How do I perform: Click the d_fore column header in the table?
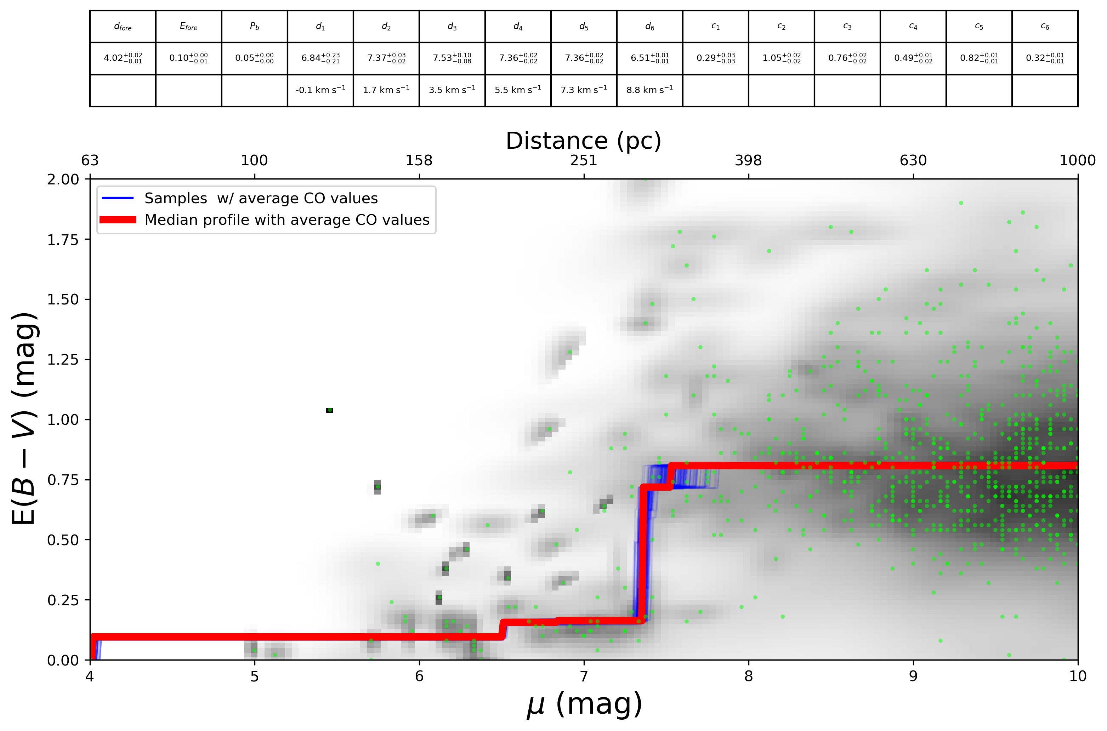tap(123, 27)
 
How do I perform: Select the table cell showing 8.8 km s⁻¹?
tap(649, 90)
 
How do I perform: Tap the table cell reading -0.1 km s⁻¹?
tap(320, 90)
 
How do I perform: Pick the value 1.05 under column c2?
tap(781, 58)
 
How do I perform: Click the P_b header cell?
tap(254, 27)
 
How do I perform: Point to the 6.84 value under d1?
tap(320, 58)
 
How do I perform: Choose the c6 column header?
tap(1045, 27)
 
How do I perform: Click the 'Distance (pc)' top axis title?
tap(583, 141)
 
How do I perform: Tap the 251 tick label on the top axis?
tap(583, 160)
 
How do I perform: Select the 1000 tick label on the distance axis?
tap(1077, 160)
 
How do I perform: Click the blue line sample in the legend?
tap(118, 198)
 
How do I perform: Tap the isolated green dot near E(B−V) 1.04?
tap(330, 410)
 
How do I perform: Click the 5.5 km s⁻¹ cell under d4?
tap(518, 90)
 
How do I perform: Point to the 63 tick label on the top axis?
tap(90, 160)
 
